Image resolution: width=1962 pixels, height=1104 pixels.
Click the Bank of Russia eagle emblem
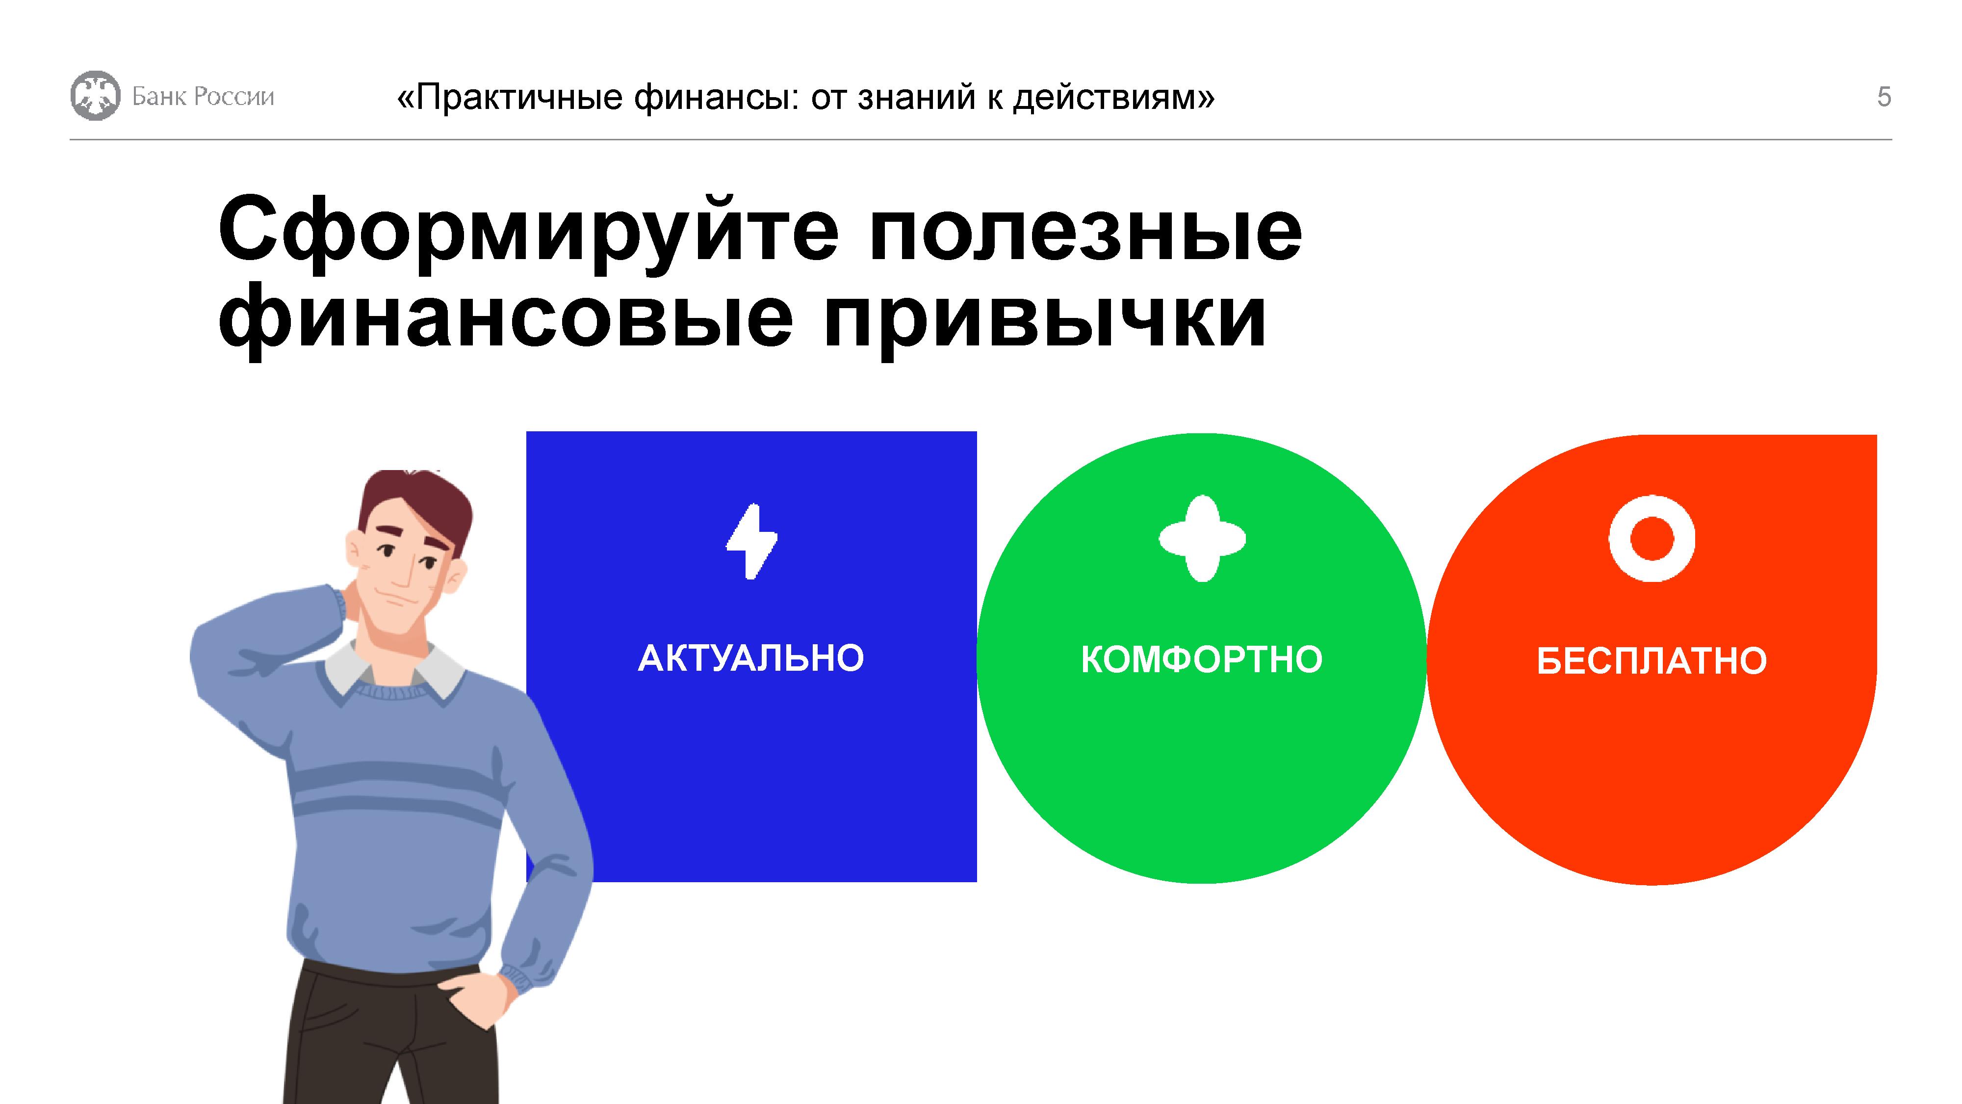click(x=95, y=96)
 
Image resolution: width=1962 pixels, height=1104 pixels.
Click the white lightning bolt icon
click(x=752, y=541)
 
